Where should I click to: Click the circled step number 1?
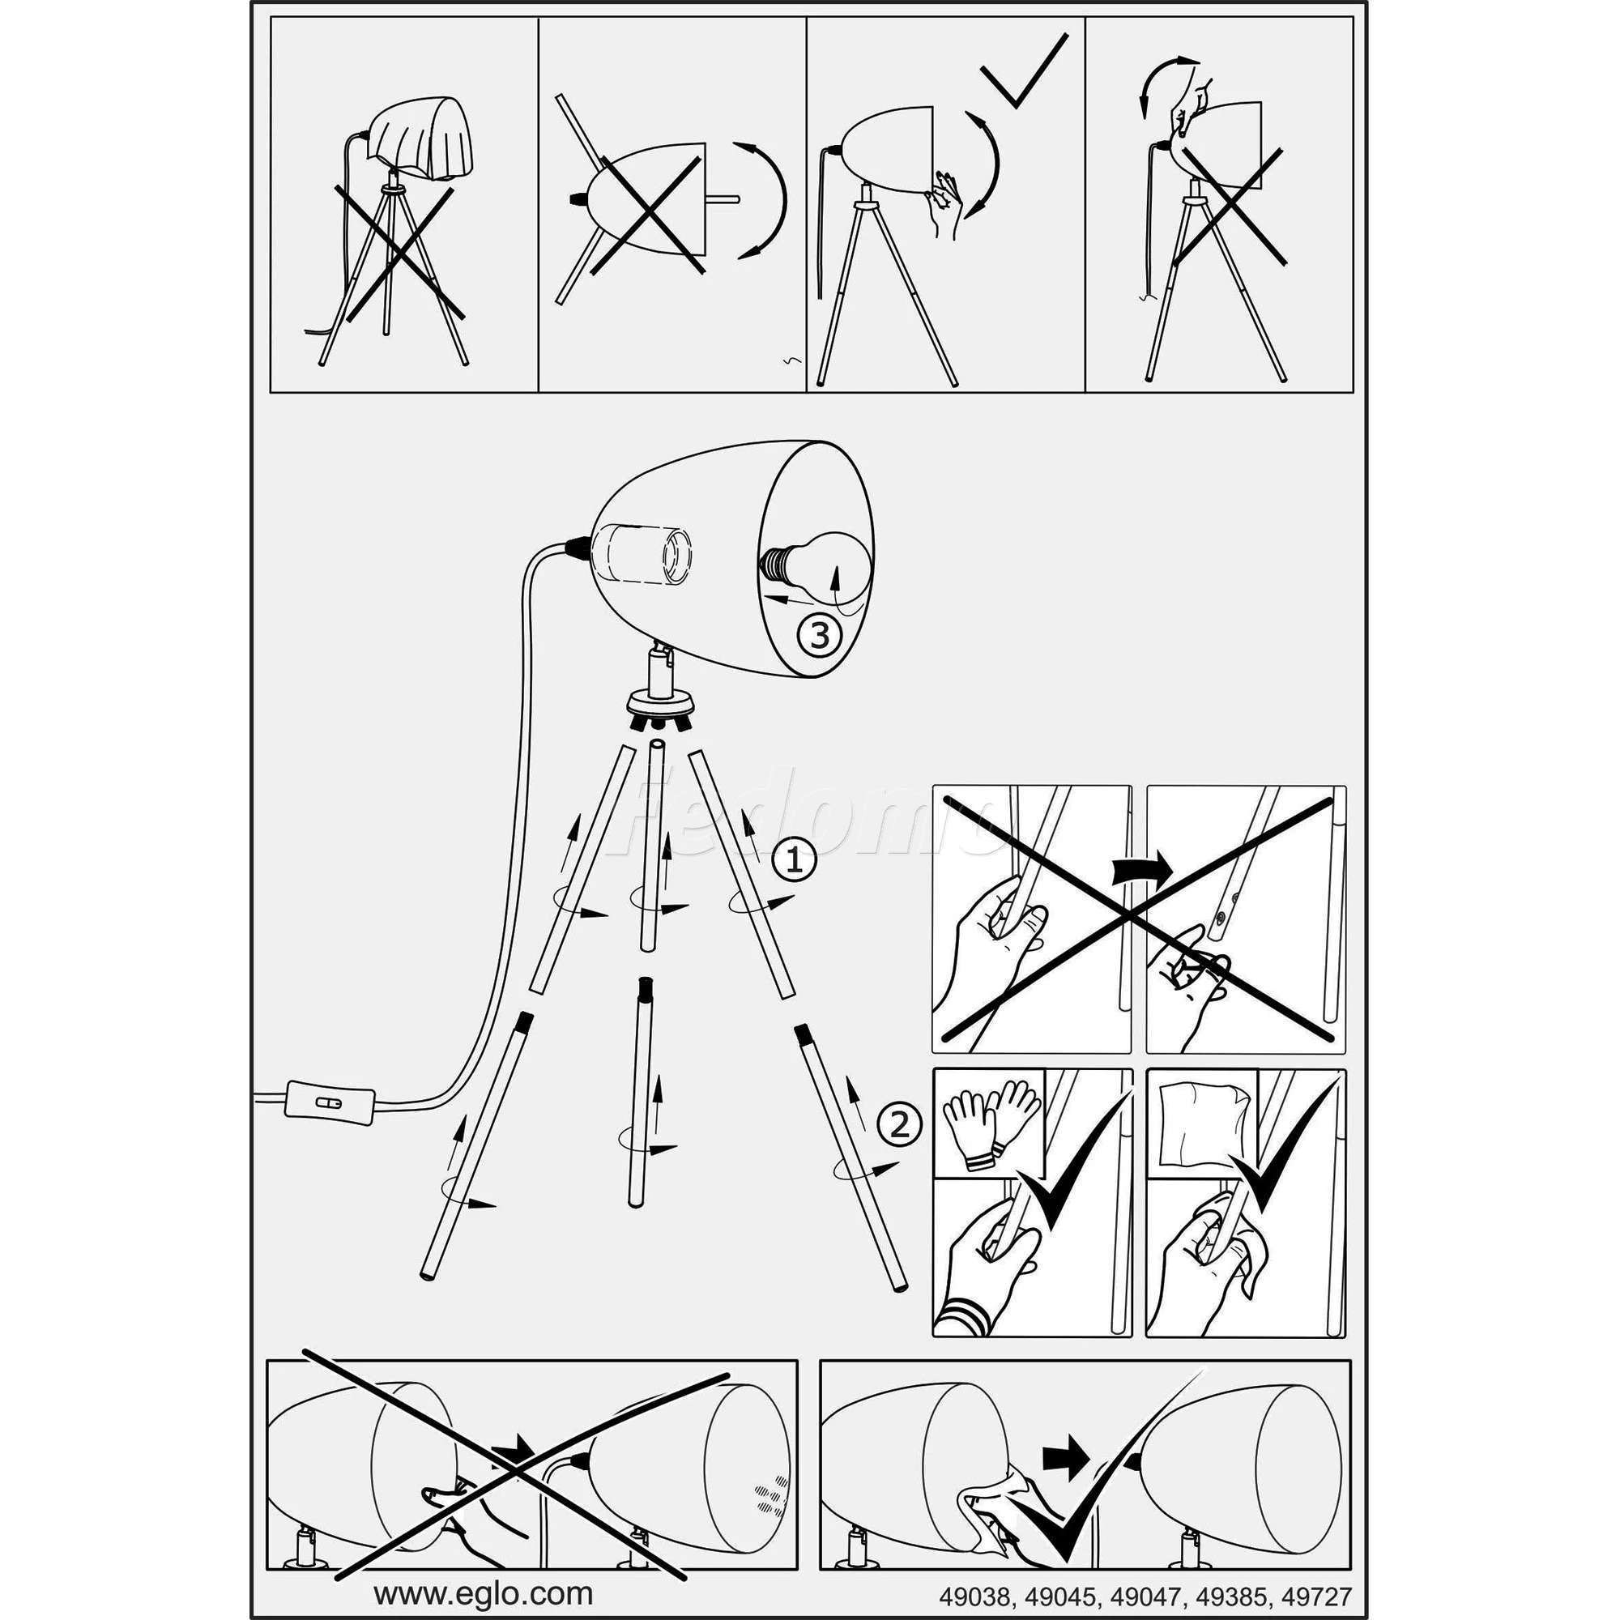pyautogui.click(x=794, y=861)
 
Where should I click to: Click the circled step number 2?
pyautogui.click(x=898, y=1124)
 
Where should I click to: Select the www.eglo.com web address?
pyautogui.click(x=483, y=1569)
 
